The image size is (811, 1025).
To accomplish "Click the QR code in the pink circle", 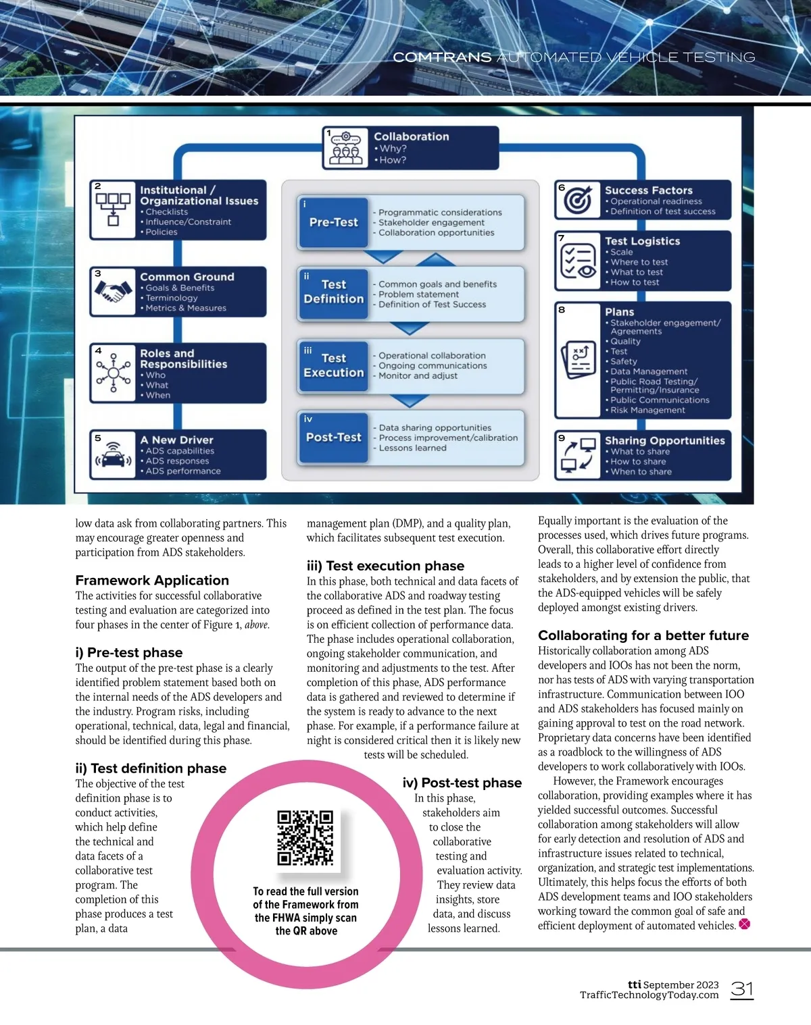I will [x=305, y=838].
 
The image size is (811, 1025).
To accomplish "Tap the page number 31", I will [x=742, y=989].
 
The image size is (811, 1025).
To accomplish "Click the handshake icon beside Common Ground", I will [x=113, y=292].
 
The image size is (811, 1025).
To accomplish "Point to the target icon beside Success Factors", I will [x=578, y=200].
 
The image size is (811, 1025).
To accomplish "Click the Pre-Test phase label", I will [x=334, y=222].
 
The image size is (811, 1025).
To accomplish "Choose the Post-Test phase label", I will [x=334, y=437].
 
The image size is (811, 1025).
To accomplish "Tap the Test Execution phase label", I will [x=334, y=365].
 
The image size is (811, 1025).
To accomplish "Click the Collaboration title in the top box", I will [x=412, y=136].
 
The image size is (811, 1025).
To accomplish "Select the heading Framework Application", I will [x=152, y=580].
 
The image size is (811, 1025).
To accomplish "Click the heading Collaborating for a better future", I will [x=643, y=635].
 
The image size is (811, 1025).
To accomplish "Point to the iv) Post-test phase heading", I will [x=462, y=783].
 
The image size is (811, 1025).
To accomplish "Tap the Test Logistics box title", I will [x=643, y=241].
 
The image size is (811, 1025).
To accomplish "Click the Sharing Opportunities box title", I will [x=665, y=440].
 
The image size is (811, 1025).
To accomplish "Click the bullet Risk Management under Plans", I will [x=647, y=410].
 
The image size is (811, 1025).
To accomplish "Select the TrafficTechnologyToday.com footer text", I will [x=649, y=995].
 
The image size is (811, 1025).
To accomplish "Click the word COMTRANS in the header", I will [x=442, y=57].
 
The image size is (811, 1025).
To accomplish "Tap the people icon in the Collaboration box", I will [x=345, y=148].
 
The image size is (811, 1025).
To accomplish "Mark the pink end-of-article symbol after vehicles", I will [x=744, y=924].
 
